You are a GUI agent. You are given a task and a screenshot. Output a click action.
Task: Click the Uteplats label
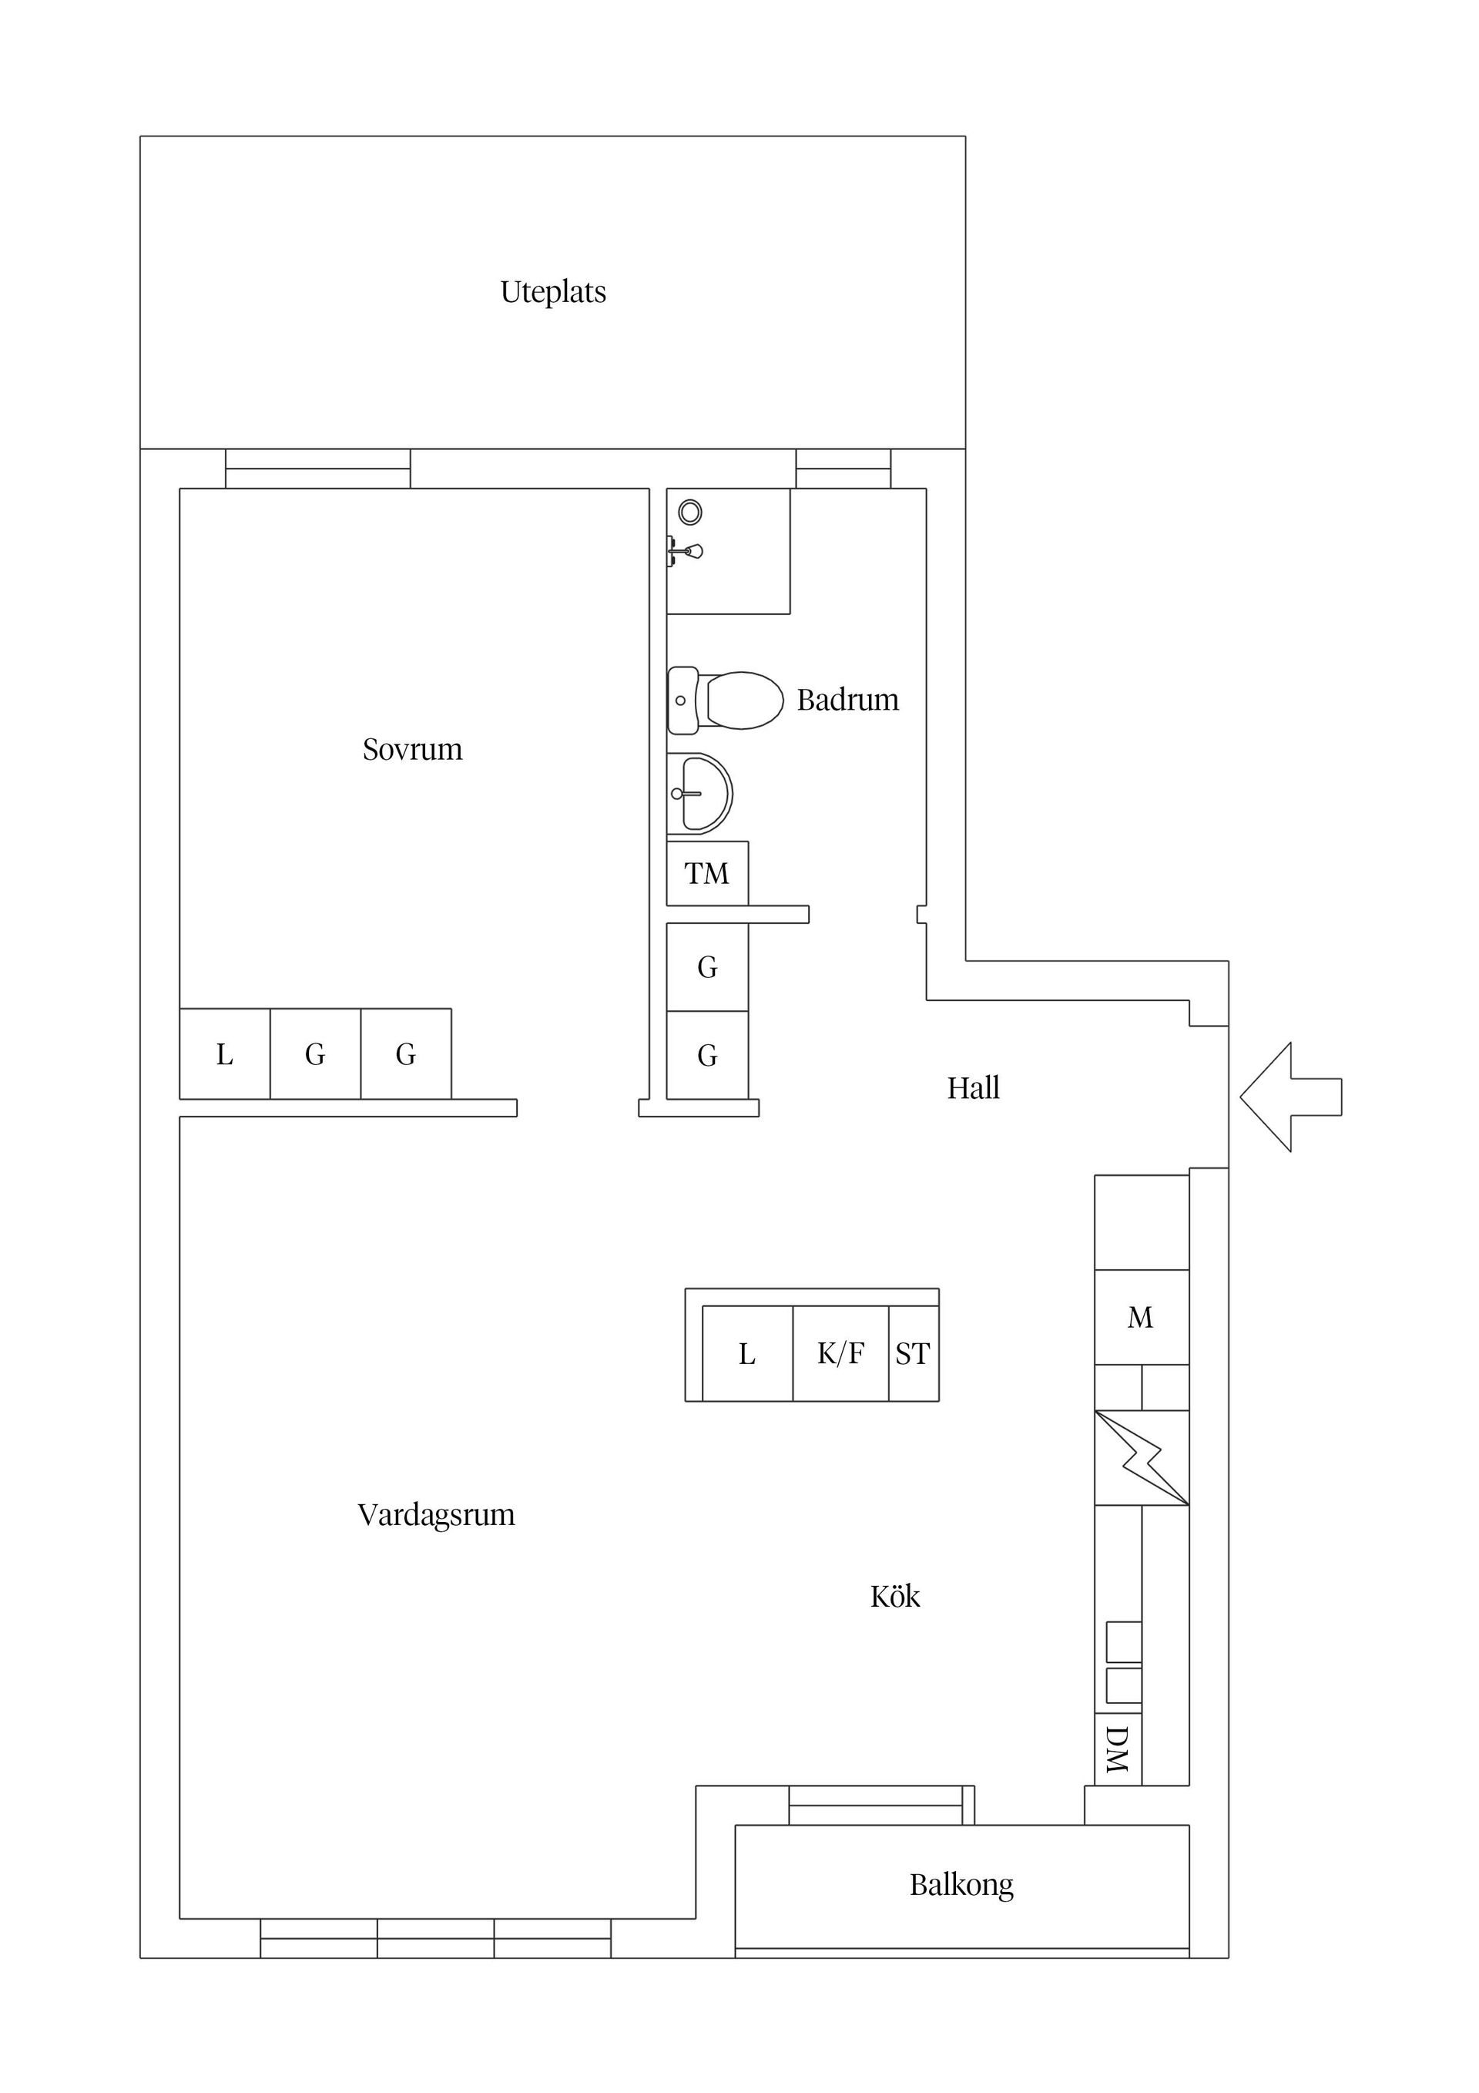click(553, 292)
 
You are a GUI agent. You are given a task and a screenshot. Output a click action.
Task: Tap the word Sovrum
click(412, 749)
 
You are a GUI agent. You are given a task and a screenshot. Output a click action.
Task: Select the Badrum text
click(847, 700)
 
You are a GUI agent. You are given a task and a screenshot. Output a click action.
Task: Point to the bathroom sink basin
click(702, 794)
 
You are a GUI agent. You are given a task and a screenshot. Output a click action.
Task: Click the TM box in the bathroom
click(707, 873)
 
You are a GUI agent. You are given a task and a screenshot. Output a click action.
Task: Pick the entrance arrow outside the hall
click(1289, 1097)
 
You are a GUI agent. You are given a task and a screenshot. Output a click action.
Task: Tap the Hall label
click(973, 1088)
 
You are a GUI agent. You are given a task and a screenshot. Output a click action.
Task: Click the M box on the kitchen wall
click(1141, 1317)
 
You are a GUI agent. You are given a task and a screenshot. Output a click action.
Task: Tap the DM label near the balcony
click(1117, 1749)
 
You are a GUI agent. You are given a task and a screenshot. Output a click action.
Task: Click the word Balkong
click(961, 1885)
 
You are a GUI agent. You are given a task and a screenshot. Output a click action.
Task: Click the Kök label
click(895, 1597)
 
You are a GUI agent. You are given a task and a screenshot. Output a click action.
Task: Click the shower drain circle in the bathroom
click(691, 512)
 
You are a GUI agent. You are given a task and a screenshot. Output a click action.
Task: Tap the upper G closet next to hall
click(707, 967)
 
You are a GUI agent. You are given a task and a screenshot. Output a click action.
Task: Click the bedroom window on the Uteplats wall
click(318, 469)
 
